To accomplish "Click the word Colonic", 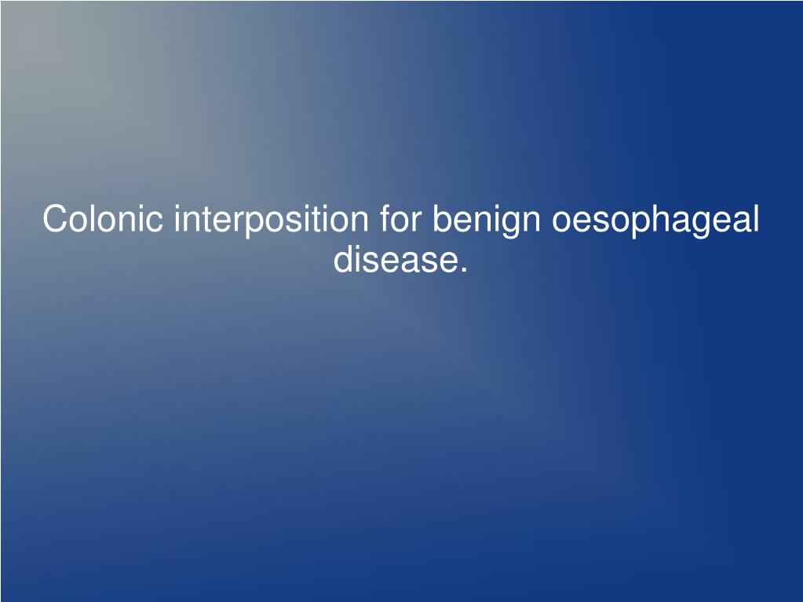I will coord(104,219).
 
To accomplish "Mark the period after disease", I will coord(463,270).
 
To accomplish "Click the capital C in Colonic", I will coord(54,219).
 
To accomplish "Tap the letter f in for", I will coord(385,218).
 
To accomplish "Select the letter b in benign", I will coord(441,219).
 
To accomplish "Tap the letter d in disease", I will coord(343,260).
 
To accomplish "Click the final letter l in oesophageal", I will coord(756,219).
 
